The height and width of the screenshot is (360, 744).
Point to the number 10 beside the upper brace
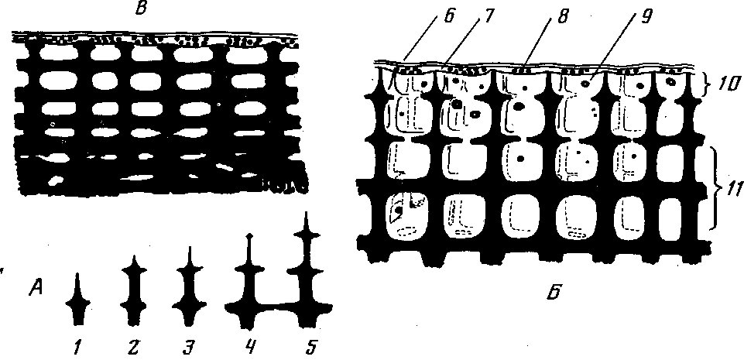pos(725,82)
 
